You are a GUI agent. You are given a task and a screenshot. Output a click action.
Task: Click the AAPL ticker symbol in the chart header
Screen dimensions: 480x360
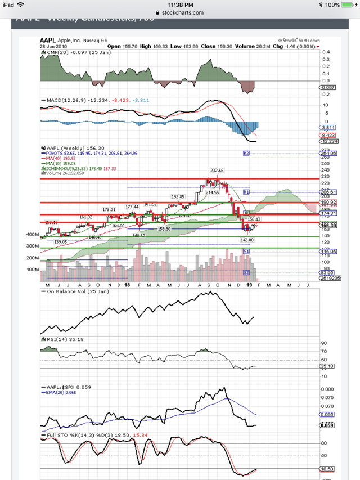(47, 41)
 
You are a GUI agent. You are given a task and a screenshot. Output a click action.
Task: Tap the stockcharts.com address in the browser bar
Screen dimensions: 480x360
(180, 12)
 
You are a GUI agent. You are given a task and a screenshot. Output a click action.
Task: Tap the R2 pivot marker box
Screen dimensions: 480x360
(246, 153)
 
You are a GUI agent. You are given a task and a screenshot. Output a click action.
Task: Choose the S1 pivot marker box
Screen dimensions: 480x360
(246, 250)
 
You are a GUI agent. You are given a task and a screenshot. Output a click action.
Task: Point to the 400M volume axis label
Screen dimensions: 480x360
(31, 234)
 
